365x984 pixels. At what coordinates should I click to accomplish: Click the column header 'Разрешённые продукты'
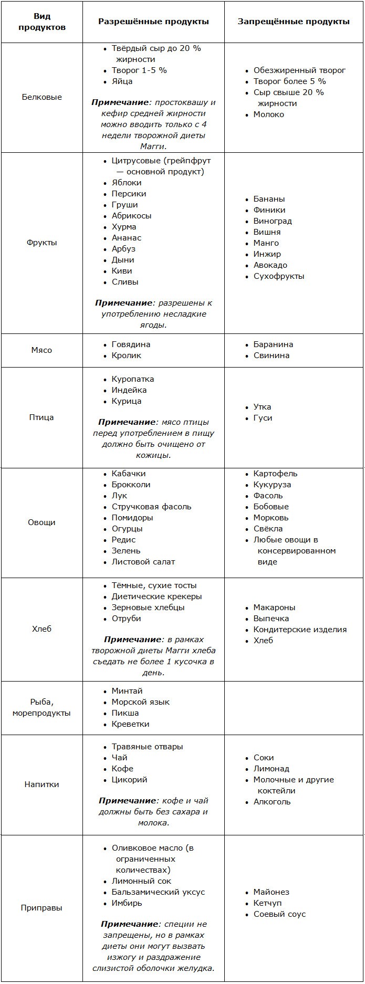153,22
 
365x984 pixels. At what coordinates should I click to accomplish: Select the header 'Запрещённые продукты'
294,22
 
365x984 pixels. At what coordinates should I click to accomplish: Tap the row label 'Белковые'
41,97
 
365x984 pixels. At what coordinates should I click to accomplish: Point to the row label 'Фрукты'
41,243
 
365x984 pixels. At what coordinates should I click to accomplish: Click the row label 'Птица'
41,417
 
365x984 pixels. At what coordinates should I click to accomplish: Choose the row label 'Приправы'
41,908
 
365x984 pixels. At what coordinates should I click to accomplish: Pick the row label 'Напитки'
41,784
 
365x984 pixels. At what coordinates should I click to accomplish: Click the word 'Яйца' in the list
122,81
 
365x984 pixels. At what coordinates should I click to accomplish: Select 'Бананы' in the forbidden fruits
269,199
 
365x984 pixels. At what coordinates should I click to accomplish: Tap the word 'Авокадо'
270,265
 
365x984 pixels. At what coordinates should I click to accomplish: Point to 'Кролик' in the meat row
126,355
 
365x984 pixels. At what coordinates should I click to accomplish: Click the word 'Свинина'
271,355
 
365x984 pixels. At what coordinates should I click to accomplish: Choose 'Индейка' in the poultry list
129,390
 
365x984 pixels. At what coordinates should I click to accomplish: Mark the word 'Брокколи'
131,485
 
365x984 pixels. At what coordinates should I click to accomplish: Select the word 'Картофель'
275,474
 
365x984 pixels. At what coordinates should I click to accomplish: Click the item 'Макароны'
274,608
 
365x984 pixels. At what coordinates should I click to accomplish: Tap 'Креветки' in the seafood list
130,724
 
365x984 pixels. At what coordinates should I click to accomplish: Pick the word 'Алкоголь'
272,802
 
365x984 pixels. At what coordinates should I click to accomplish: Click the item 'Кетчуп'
267,903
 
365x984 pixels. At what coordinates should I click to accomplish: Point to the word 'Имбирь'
127,903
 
